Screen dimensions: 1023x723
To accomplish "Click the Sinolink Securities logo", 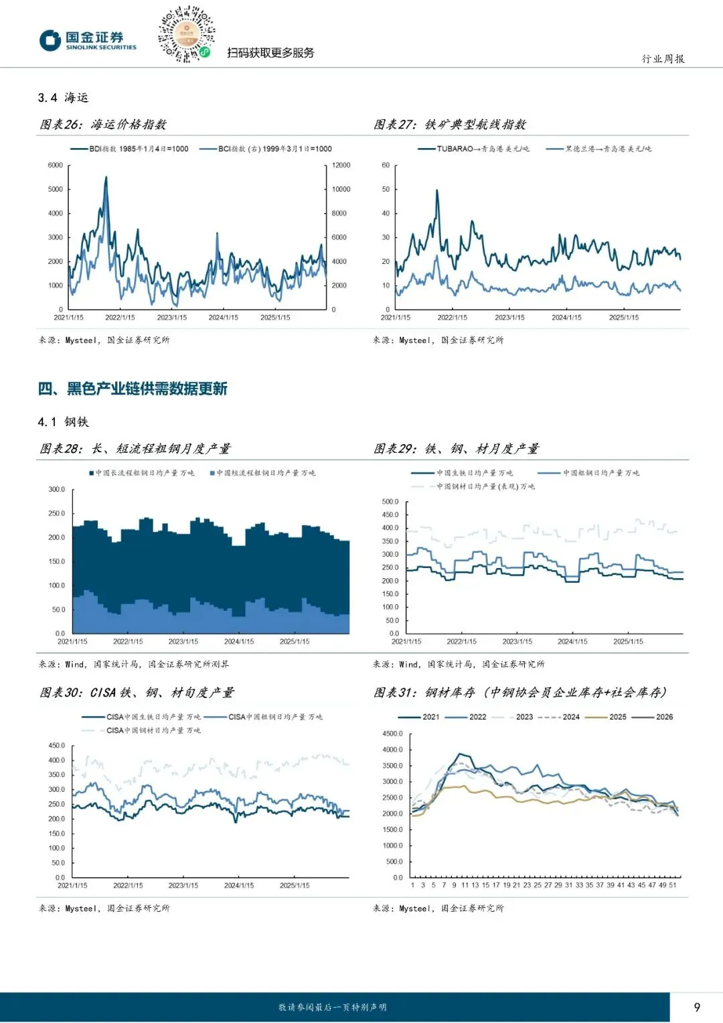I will (x=87, y=40).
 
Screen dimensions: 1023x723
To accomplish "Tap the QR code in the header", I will (x=186, y=34).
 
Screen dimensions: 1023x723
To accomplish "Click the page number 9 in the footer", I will (x=697, y=1007).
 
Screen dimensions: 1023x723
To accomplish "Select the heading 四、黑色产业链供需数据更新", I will (x=133, y=389).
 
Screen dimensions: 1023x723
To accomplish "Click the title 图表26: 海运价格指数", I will (x=103, y=125).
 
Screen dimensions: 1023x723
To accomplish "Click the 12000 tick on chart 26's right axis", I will (x=341, y=165).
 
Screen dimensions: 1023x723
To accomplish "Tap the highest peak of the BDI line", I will (x=106, y=178).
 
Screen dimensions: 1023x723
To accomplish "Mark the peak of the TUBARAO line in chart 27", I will (x=437, y=190).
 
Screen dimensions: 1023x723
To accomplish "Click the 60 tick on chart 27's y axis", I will (x=386, y=165).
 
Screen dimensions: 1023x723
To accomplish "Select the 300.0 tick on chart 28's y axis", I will (x=57, y=490).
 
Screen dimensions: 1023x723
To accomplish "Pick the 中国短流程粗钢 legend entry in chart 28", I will (x=262, y=473).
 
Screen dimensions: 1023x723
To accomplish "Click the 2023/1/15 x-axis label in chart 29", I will (x=517, y=642).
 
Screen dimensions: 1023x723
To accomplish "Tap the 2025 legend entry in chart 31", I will (x=610, y=717).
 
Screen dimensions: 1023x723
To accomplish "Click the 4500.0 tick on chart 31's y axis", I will (x=393, y=734).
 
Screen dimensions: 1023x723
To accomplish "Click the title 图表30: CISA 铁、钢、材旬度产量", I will (x=137, y=693).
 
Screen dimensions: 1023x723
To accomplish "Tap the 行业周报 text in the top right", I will (x=663, y=59).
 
